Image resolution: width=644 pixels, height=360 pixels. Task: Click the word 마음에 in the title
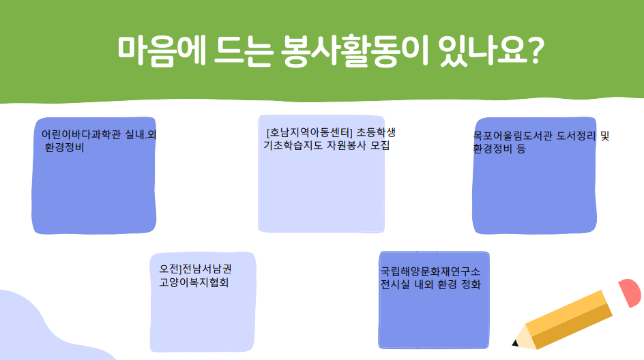162,51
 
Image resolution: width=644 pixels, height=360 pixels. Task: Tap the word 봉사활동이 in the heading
355,51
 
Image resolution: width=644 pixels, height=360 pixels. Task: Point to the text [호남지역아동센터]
310,132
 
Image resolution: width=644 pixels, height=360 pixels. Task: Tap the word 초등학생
376,132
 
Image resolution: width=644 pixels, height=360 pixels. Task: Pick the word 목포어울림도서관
512,136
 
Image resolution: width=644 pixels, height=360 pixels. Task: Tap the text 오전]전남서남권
196,269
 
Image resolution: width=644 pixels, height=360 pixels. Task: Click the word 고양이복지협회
194,282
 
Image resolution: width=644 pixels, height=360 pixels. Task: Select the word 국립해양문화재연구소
430,271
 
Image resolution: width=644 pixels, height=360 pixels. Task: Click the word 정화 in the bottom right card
471,284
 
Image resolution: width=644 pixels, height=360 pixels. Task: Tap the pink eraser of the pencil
630,292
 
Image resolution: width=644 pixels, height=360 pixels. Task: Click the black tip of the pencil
514,343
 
